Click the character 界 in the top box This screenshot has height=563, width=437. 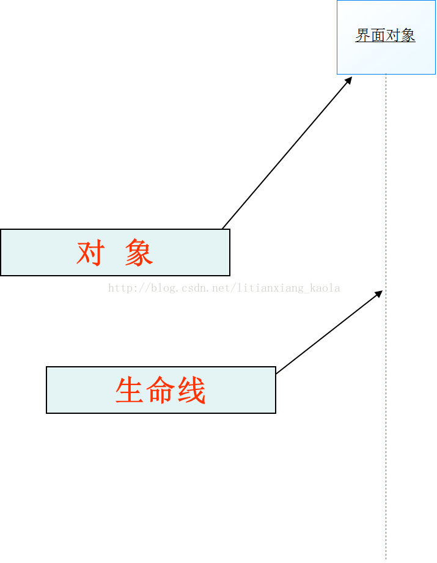click(362, 35)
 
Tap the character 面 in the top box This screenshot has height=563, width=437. click(378, 35)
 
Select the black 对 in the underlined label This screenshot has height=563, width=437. click(393, 35)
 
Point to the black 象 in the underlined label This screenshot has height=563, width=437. click(408, 35)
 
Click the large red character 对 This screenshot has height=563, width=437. click(89, 252)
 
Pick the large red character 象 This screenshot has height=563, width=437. click(139, 252)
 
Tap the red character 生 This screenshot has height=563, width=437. click(129, 390)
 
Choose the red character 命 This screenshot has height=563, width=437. click(160, 390)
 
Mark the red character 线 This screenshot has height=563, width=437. click(192, 390)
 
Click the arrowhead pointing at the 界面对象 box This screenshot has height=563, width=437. click(348, 80)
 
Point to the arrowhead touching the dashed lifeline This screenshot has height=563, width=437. click(378, 293)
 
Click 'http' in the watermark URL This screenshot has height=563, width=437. click(119, 287)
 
